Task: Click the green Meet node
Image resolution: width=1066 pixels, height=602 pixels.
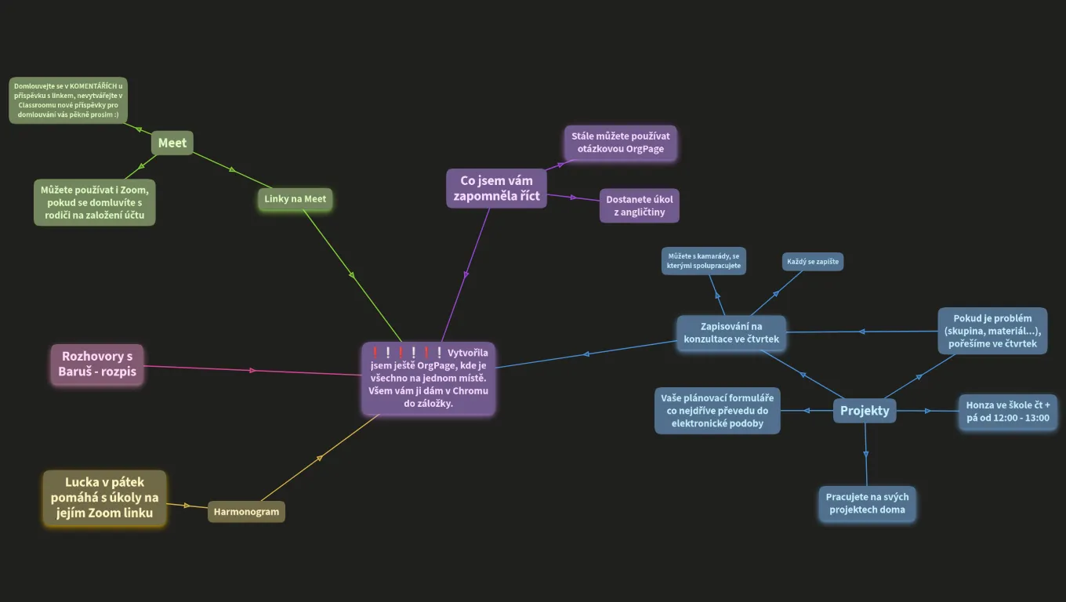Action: [172, 143]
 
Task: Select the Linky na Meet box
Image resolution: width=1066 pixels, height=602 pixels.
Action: [295, 199]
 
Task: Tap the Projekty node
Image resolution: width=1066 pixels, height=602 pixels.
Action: [865, 411]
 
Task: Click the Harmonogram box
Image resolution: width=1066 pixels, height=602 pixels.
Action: [246, 512]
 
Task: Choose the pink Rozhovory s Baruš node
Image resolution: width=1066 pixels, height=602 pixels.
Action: [97, 364]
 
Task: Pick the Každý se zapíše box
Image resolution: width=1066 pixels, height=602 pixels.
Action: [813, 262]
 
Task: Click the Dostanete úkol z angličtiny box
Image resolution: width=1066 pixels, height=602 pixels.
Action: [639, 205]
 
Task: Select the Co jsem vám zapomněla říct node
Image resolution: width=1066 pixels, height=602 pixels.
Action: [496, 188]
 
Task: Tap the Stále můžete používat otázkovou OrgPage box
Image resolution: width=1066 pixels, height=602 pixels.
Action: [621, 143]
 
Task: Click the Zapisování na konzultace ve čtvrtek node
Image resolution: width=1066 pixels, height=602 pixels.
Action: [731, 332]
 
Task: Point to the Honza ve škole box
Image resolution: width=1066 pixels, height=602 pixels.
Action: [1007, 412]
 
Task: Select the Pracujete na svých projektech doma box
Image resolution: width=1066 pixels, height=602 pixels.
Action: [867, 503]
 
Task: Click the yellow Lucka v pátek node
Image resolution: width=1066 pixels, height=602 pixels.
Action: [105, 498]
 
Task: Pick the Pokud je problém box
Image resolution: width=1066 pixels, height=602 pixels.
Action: [992, 331]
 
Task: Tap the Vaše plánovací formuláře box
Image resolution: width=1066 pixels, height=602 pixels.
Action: [717, 411]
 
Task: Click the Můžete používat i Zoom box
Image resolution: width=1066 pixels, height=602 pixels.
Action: [95, 203]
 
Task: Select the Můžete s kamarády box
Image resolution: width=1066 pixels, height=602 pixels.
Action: [703, 261]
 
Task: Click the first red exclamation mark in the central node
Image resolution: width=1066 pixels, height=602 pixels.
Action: [375, 353]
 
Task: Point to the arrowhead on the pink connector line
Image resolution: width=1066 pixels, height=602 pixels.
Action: [252, 370]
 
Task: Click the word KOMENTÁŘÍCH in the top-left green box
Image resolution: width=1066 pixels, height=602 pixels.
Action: [93, 86]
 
